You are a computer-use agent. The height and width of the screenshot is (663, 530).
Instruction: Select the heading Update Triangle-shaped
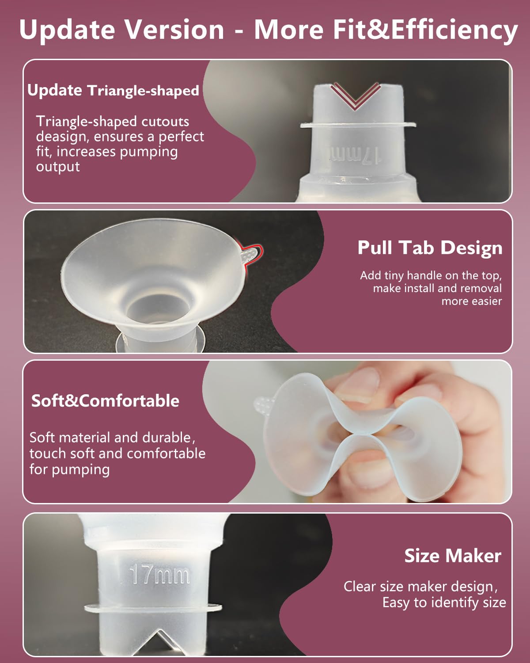(x=113, y=91)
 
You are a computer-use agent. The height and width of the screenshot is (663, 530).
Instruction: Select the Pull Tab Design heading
(x=430, y=248)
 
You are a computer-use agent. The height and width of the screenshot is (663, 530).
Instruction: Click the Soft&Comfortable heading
(x=105, y=401)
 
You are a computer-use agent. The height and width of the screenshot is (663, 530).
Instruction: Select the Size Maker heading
(x=453, y=556)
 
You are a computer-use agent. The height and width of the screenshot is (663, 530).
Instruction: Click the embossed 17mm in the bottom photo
(x=160, y=575)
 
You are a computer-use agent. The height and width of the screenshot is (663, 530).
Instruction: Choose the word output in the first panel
(x=58, y=167)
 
